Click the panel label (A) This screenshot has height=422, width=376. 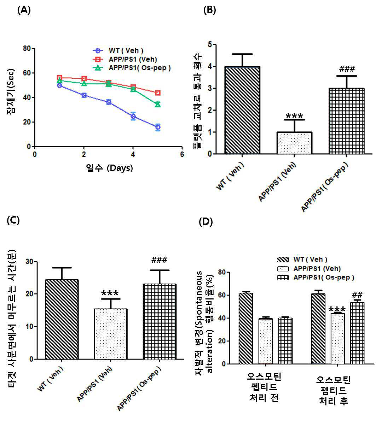[x=24, y=10]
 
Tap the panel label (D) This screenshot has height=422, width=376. [x=206, y=222]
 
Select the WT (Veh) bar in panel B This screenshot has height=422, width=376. [x=242, y=110]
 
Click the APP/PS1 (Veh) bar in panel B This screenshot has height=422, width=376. [x=294, y=143]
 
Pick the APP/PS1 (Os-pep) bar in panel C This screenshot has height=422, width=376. [x=160, y=322]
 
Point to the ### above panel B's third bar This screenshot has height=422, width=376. [x=347, y=69]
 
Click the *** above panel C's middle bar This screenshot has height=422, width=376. [x=110, y=293]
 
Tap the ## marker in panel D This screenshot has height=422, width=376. [x=357, y=295]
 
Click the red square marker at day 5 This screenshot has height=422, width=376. [x=158, y=93]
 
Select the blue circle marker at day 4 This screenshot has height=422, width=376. [x=133, y=116]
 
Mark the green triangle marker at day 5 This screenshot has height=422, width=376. [x=158, y=104]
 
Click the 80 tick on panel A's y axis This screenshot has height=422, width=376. [x=27, y=49]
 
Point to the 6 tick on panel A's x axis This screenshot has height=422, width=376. [x=182, y=154]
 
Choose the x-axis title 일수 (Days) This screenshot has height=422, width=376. [x=109, y=168]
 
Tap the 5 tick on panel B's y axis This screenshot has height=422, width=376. [x=210, y=44]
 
